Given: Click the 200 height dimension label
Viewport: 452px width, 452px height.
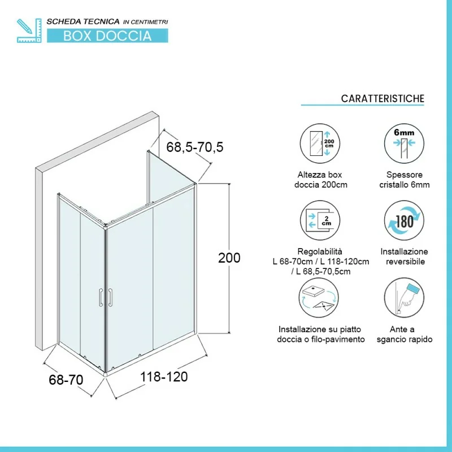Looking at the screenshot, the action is pos(229,258).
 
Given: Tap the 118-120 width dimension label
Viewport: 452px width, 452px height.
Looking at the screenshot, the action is pos(164,377).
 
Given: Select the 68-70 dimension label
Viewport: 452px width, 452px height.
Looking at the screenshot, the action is pos(66,380).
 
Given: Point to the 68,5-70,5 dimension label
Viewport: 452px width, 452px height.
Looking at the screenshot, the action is pos(195,147).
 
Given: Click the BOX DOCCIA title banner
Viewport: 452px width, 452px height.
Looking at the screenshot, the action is pos(107,36).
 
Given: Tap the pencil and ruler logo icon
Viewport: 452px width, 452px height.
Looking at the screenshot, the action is pos(29,31).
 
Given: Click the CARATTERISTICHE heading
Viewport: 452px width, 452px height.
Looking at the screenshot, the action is pos(383,98).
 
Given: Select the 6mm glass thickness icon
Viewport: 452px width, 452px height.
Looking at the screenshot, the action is pos(404,144).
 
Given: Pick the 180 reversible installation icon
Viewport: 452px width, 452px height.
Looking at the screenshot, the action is pos(404,220).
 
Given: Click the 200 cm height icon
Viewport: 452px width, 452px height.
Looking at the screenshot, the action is pos(320,144).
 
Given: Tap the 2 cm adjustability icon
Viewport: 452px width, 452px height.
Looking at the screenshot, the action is pos(320,220).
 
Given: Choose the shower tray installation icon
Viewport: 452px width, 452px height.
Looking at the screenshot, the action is pos(319,298).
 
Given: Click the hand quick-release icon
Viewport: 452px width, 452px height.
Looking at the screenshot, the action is pos(404,298).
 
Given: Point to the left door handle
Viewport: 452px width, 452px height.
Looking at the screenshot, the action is pos(101,297).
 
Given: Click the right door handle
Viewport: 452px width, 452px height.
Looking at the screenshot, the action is pos(110,297).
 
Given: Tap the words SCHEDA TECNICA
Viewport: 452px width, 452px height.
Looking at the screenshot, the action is pos(83,21).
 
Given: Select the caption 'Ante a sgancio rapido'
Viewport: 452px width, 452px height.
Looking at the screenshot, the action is pos(404,334).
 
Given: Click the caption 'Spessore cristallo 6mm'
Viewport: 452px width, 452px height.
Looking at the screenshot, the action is pos(405,180).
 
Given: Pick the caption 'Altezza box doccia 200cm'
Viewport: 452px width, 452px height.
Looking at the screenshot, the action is pos(320,180).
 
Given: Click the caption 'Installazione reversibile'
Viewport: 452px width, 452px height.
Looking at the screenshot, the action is pos(405,257).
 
